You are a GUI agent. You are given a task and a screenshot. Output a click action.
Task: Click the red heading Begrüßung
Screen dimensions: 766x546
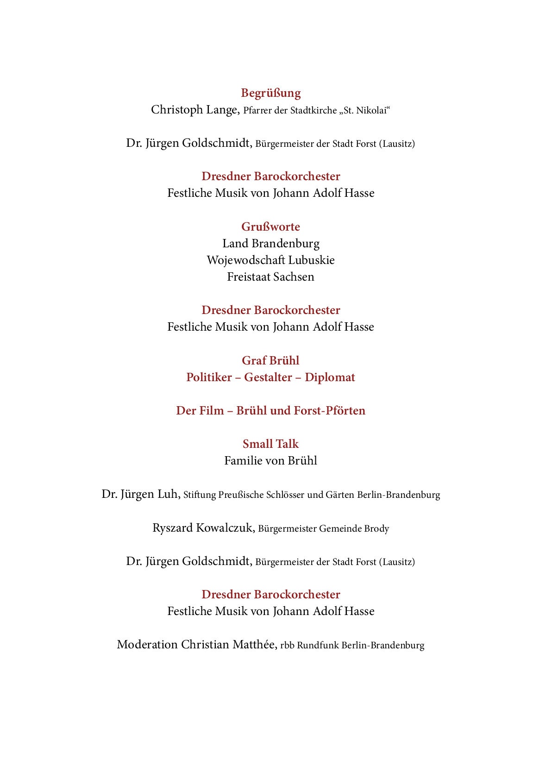point(270,93)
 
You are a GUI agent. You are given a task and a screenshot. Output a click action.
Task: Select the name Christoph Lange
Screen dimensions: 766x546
point(195,110)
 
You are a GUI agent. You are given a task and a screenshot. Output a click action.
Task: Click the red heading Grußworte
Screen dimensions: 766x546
point(270,226)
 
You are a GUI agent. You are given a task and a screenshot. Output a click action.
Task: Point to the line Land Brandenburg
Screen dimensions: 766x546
point(270,244)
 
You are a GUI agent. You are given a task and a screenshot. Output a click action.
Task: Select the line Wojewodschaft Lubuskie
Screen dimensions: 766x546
point(270,260)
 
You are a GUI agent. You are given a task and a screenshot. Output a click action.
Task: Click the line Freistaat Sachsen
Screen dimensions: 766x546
point(270,277)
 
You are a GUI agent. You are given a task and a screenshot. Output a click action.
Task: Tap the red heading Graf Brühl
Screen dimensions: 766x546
point(270,360)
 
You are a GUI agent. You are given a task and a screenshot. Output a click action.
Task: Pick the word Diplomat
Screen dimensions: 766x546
point(330,377)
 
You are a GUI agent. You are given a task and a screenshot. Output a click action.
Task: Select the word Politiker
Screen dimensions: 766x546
point(209,377)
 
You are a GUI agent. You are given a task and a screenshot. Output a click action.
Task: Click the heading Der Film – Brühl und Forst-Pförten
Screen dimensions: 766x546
point(270,411)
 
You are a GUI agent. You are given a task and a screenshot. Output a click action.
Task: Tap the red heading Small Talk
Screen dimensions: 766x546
point(270,444)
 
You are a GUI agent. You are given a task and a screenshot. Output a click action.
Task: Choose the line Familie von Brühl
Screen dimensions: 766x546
point(270,461)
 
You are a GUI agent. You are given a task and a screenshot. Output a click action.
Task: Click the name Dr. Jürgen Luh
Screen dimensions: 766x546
point(140,494)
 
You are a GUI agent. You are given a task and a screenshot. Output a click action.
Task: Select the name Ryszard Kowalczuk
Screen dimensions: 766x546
point(203,528)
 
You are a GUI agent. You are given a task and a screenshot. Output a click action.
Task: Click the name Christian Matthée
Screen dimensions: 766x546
point(229,645)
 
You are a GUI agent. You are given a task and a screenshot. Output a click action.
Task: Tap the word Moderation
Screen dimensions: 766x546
point(147,645)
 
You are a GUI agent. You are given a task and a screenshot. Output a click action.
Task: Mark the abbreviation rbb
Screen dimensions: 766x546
point(287,645)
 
